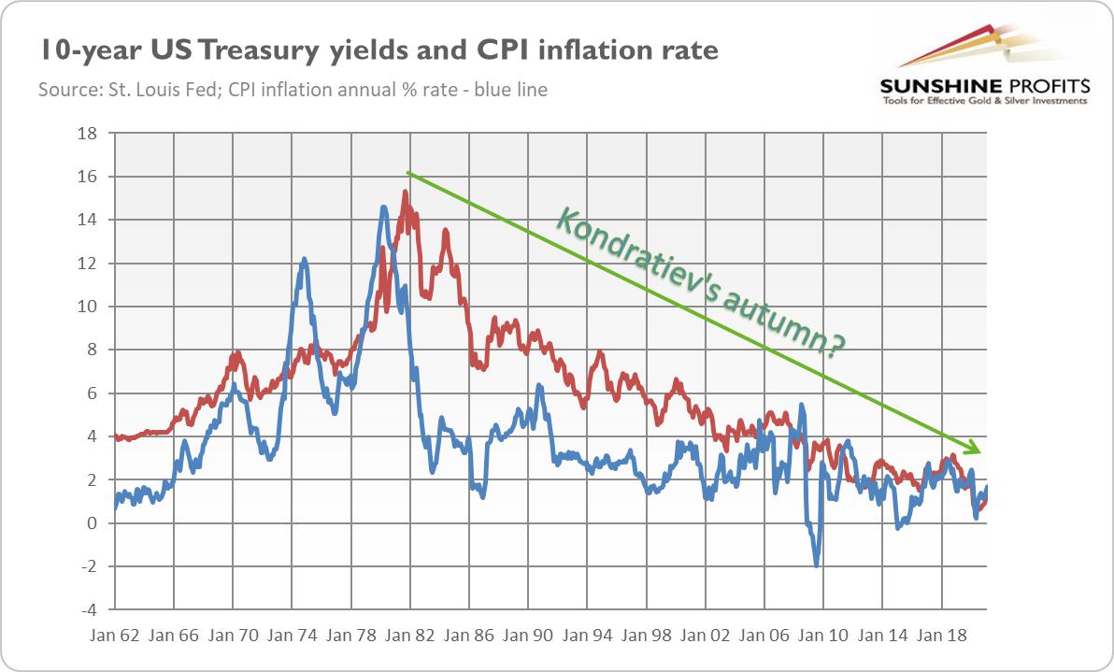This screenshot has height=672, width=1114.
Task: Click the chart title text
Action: [377, 50]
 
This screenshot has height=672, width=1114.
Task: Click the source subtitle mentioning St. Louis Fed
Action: [293, 91]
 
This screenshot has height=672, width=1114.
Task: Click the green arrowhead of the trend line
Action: [975, 449]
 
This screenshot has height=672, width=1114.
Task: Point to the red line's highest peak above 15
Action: [405, 192]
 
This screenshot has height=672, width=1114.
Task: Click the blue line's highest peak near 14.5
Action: [384, 207]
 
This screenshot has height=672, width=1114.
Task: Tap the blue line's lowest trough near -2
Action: [817, 565]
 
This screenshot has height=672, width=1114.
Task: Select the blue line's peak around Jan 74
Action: [304, 259]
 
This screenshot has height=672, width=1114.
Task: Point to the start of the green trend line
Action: [407, 173]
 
